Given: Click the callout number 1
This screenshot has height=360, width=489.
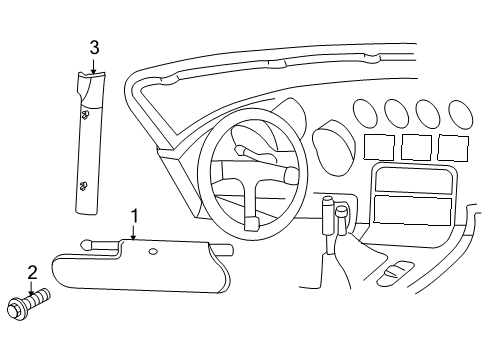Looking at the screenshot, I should point(133,215).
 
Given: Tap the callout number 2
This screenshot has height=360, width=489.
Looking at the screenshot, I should point(31,270).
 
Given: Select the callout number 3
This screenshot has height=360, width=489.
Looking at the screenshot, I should point(94,47).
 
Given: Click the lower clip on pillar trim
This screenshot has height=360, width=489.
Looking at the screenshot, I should point(84,183).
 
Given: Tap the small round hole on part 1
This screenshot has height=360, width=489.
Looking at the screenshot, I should point(153,253).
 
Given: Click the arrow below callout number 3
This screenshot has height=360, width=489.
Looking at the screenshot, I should point(94,67).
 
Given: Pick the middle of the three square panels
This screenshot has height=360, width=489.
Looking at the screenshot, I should point(416,148).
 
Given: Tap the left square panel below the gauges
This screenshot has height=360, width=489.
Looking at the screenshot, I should point(378,148).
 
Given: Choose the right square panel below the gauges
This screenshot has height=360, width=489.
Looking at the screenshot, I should point(453,148).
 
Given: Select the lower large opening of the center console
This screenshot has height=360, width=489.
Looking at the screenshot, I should point(413,210).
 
